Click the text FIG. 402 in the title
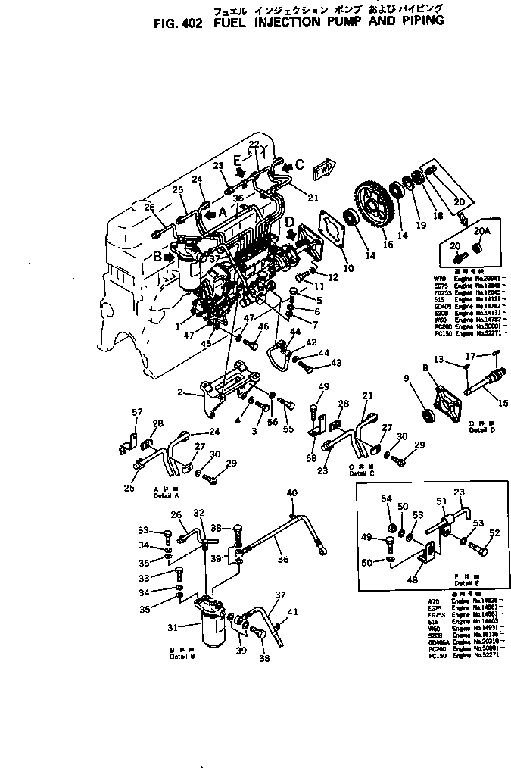[178, 22]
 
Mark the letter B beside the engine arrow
[157, 257]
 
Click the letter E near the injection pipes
[238, 161]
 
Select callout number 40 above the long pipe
[291, 493]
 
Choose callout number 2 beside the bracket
[180, 392]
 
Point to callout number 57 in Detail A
[137, 412]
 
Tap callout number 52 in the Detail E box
[495, 532]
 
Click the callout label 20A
[481, 231]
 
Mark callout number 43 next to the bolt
[336, 363]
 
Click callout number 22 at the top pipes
[254, 144]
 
